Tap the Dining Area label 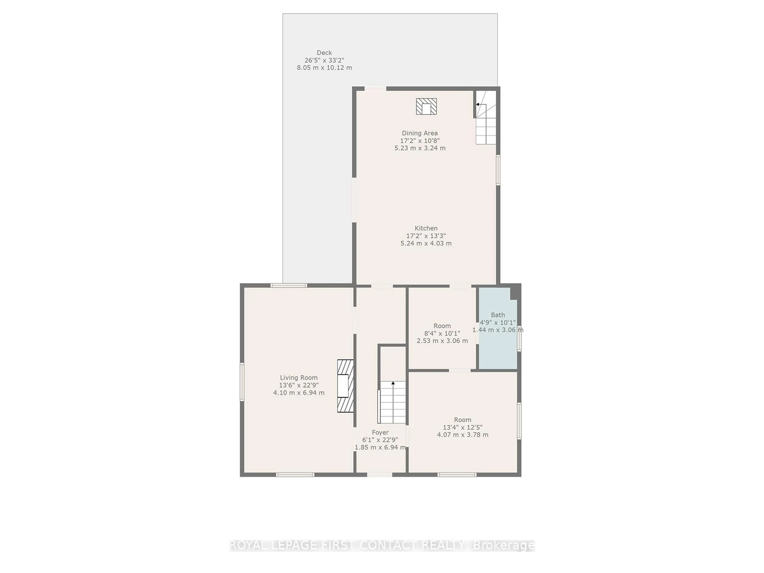tap(420, 133)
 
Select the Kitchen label tap(426, 228)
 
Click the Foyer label tap(380, 432)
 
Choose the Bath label tap(498, 315)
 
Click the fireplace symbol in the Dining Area tap(426, 106)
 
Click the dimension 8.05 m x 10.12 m tap(324, 68)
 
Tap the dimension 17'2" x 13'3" tap(426, 236)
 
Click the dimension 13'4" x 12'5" tap(462, 427)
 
